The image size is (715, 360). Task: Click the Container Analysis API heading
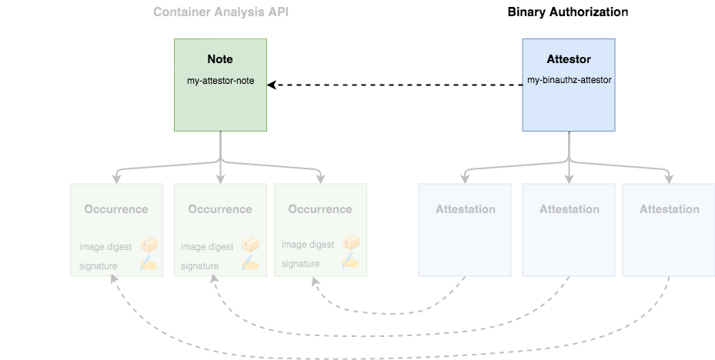221,12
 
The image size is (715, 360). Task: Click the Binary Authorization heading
568,12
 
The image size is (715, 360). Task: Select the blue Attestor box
569,104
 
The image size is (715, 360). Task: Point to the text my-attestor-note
220,81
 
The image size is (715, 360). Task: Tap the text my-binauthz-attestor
569,79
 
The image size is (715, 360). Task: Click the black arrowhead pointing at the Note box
272,85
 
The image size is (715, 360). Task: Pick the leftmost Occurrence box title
116,209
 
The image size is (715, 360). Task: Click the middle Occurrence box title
220,209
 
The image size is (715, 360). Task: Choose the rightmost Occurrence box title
320,209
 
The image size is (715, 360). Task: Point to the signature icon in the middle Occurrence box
250,264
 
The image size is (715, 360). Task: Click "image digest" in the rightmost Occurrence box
308,245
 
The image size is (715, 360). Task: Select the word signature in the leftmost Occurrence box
98,266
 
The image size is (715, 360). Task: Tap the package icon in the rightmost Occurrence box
351,243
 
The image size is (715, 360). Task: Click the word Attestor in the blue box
569,59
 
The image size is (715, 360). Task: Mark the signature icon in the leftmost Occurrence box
149,264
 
